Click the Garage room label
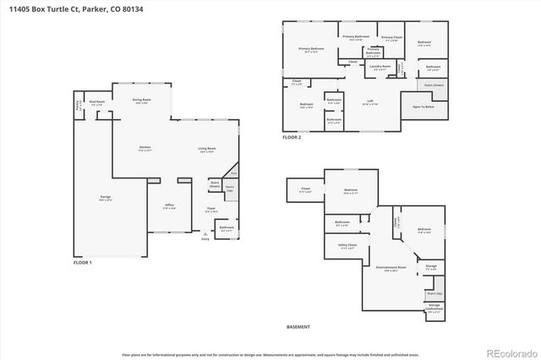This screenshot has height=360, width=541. (106, 198)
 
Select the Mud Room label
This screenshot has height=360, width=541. (96, 102)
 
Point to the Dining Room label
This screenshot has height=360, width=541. (141, 101)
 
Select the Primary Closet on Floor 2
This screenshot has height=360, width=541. (391, 38)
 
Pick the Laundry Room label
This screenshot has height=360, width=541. (380, 66)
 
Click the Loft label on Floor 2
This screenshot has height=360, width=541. (370, 101)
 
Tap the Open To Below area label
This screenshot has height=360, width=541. (424, 107)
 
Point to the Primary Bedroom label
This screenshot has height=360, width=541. (311, 50)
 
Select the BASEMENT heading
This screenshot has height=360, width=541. (298, 327)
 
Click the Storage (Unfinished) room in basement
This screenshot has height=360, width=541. (434, 307)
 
